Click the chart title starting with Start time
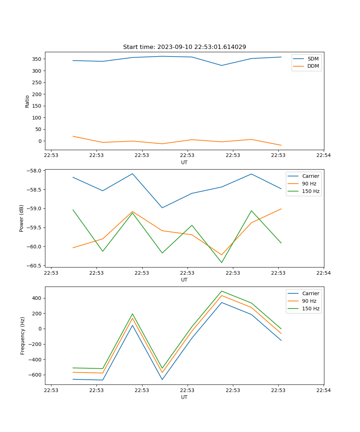pyautogui.click(x=184, y=47)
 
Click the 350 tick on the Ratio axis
pyautogui.click(x=37, y=59)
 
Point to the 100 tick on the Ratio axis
pyautogui.click(x=37, y=118)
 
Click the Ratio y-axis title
pyautogui.click(x=27, y=101)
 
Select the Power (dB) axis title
pyautogui.click(x=22, y=218)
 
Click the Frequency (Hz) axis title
pyautogui.click(x=22, y=336)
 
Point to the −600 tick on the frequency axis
pyautogui.click(x=35, y=375)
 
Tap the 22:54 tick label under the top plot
pyautogui.click(x=323, y=156)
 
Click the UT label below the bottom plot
pyautogui.click(x=184, y=397)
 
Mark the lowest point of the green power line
pyautogui.click(x=222, y=263)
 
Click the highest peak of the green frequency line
pyautogui.click(x=222, y=291)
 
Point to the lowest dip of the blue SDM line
pyautogui.click(x=222, y=66)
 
